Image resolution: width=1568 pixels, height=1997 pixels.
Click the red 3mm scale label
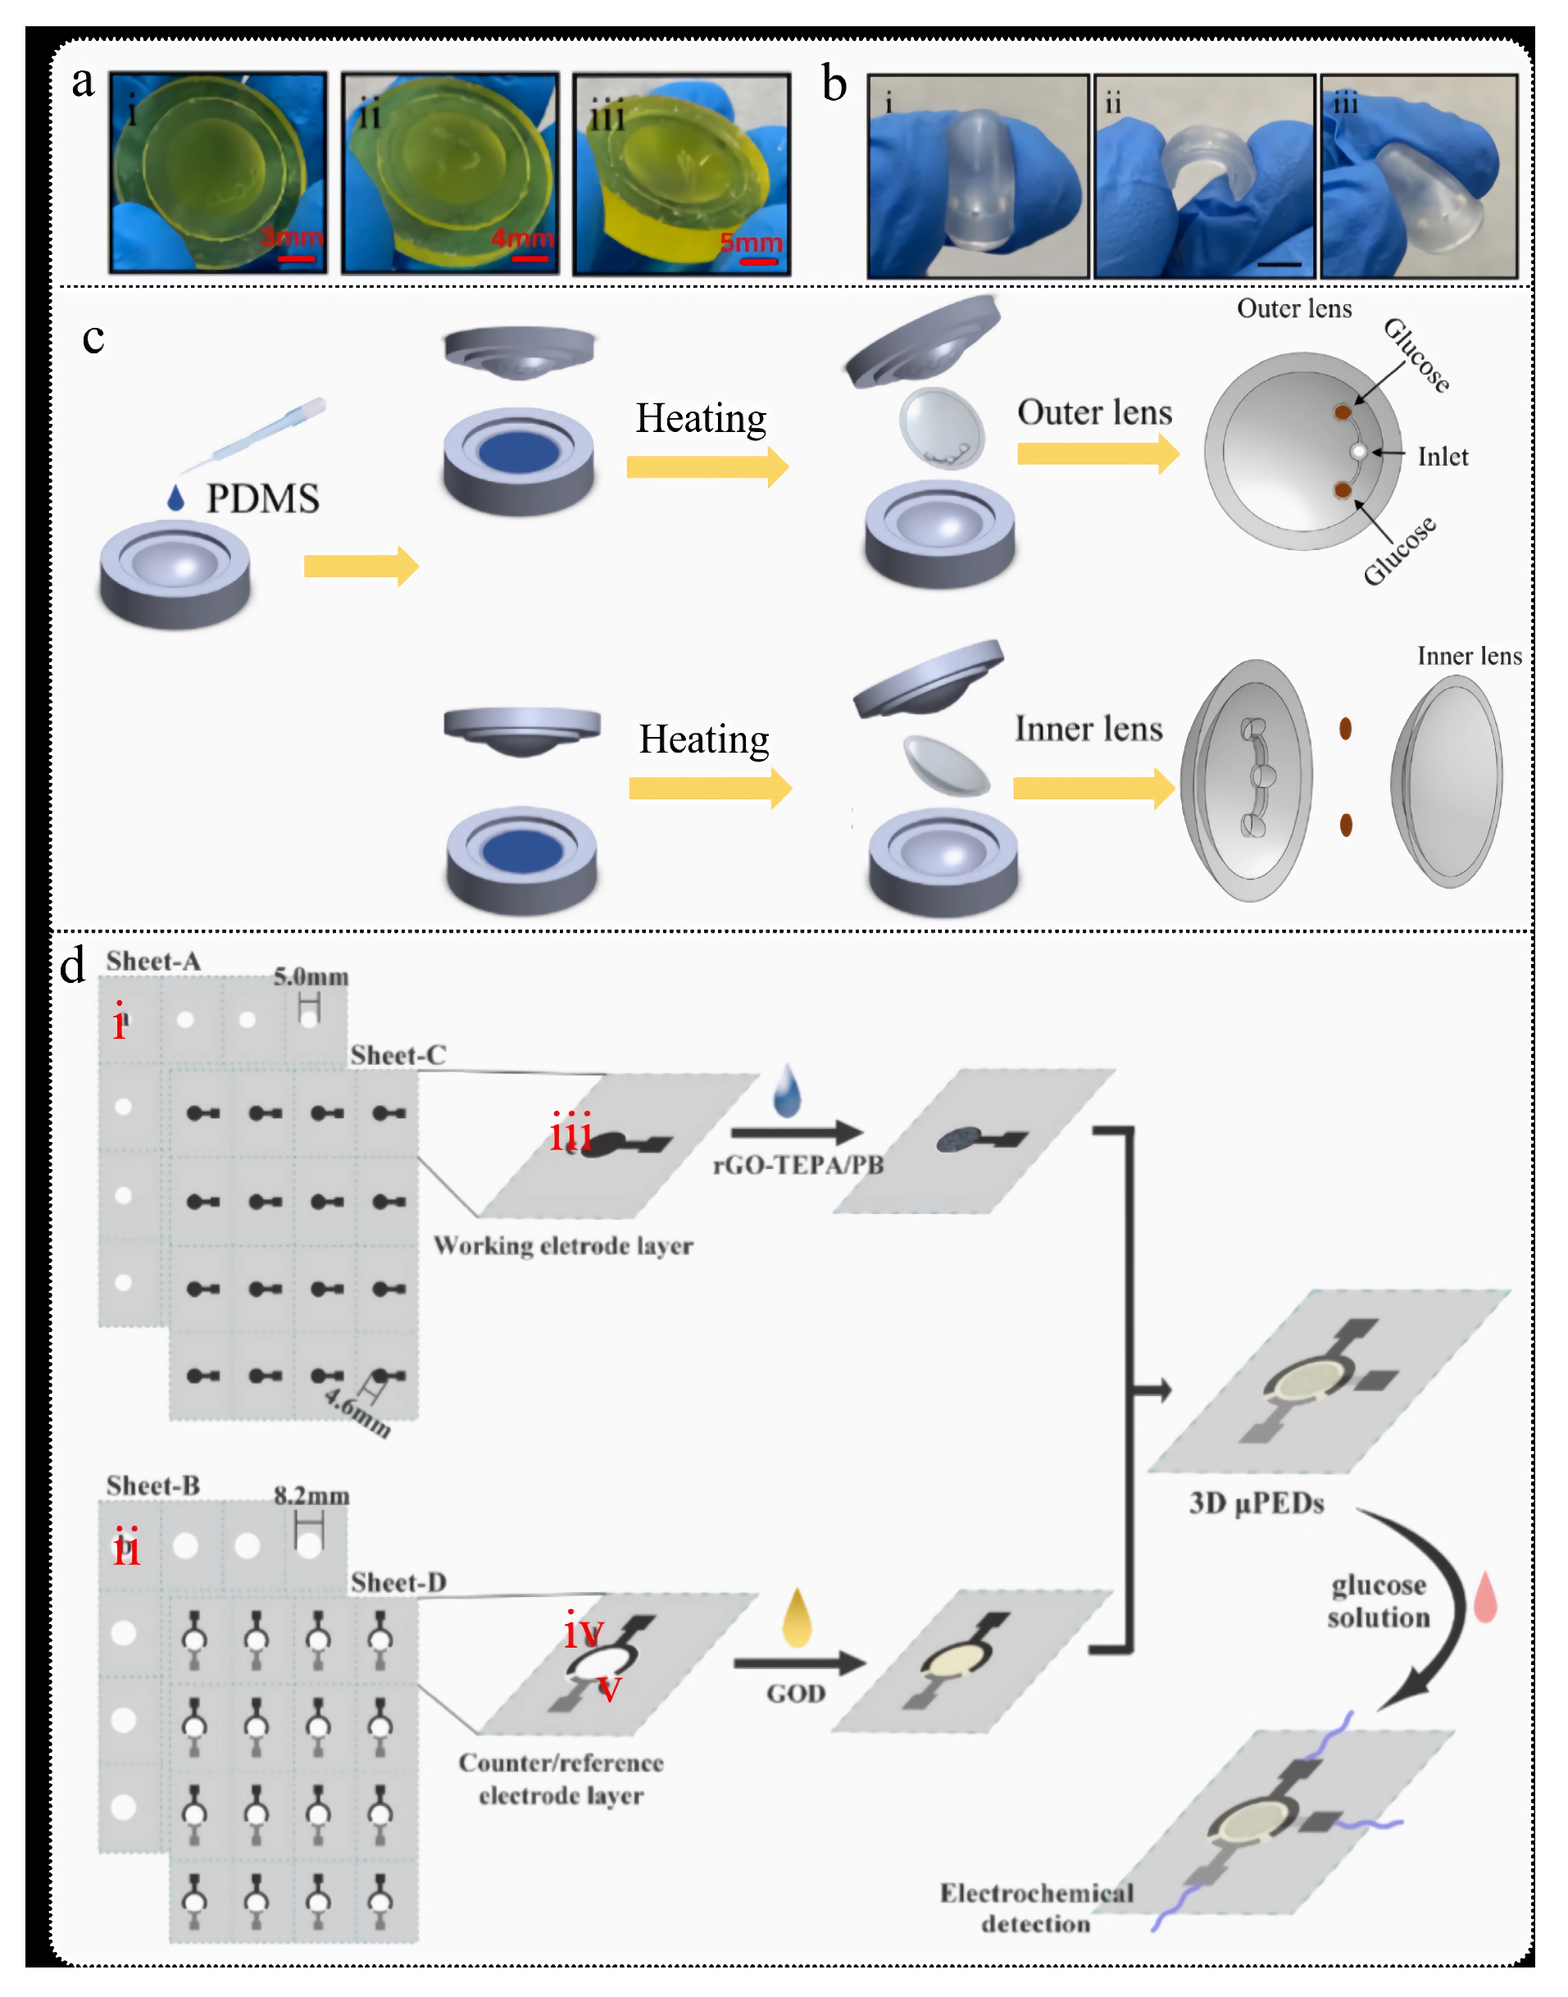coord(292,237)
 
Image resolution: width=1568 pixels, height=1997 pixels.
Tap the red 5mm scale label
coord(751,243)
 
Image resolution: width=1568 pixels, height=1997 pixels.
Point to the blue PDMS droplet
coord(175,498)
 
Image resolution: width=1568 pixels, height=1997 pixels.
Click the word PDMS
coord(262,498)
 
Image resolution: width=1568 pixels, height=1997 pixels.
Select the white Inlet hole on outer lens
coord(1359,452)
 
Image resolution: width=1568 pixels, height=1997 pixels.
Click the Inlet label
coord(1443,457)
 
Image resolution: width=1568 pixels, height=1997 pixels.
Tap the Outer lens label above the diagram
coord(1293,308)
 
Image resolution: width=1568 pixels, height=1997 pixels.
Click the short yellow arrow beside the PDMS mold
coord(361,566)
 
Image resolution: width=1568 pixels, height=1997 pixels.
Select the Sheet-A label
coord(152,962)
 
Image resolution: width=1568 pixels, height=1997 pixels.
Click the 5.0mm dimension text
coord(311,977)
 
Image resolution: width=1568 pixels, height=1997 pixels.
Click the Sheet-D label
coord(398,1582)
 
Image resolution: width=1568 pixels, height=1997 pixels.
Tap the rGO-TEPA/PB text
coord(798,1165)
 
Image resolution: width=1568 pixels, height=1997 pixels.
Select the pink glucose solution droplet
coord(1484,1598)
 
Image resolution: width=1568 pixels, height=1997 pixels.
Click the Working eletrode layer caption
coord(563,1246)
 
